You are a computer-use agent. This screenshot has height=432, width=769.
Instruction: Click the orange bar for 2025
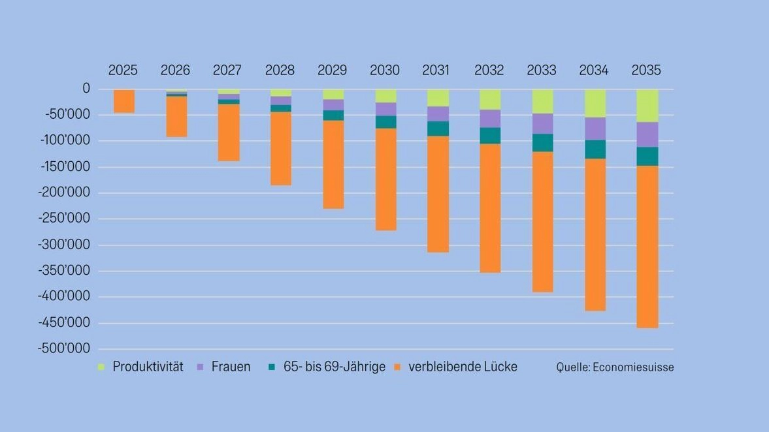point(124,101)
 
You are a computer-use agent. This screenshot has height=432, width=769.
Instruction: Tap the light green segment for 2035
point(647,106)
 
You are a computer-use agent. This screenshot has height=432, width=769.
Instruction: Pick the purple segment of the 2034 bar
point(595,129)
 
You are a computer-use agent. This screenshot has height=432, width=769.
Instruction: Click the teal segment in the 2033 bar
point(542,143)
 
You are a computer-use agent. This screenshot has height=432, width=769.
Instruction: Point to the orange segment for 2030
point(385,179)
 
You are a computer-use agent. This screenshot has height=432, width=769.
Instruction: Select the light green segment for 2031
point(438,98)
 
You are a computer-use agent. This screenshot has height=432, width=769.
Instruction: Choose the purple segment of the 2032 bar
point(490,119)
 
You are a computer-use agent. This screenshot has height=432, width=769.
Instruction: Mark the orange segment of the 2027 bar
point(229,132)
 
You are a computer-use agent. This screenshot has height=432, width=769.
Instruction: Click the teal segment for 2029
point(333,116)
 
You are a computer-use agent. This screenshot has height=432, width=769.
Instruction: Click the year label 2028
point(280,70)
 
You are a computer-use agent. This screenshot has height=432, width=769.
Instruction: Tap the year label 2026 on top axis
point(175,70)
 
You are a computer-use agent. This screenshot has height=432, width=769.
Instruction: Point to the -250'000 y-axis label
point(66,219)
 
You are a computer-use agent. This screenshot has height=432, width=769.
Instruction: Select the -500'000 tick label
point(66,348)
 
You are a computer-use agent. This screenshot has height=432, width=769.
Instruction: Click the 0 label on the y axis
point(86,89)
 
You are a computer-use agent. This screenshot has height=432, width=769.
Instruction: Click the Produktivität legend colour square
point(101,367)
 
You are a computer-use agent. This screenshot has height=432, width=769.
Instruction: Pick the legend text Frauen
point(231,367)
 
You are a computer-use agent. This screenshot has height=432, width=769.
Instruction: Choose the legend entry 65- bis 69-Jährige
point(334,367)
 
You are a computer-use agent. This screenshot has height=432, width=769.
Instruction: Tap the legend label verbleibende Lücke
point(463,367)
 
